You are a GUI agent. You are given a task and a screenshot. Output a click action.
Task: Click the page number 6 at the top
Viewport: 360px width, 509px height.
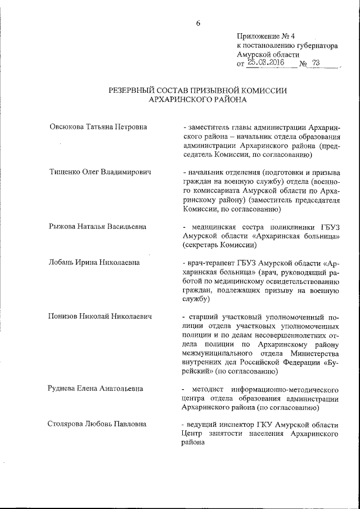coord(198,23)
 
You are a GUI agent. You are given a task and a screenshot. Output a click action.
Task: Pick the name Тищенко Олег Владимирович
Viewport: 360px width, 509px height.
coord(101,172)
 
